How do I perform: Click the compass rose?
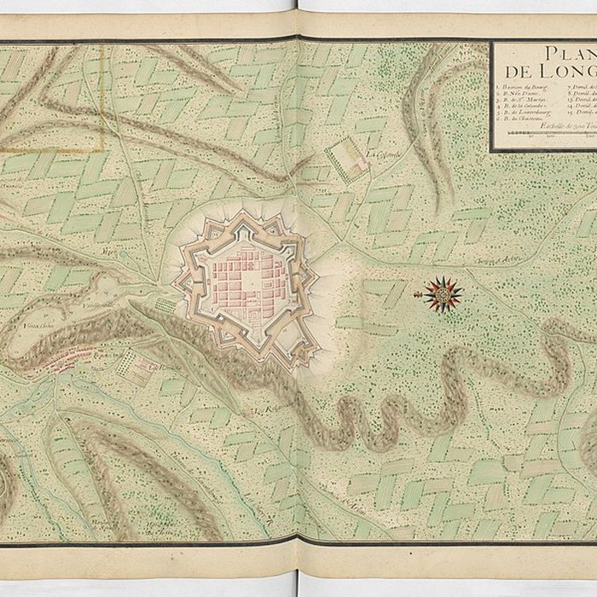pos(443,294)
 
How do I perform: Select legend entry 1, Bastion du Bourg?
pos(523,88)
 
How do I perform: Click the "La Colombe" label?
pos(381,155)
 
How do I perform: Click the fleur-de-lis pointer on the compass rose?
pos(419,295)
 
